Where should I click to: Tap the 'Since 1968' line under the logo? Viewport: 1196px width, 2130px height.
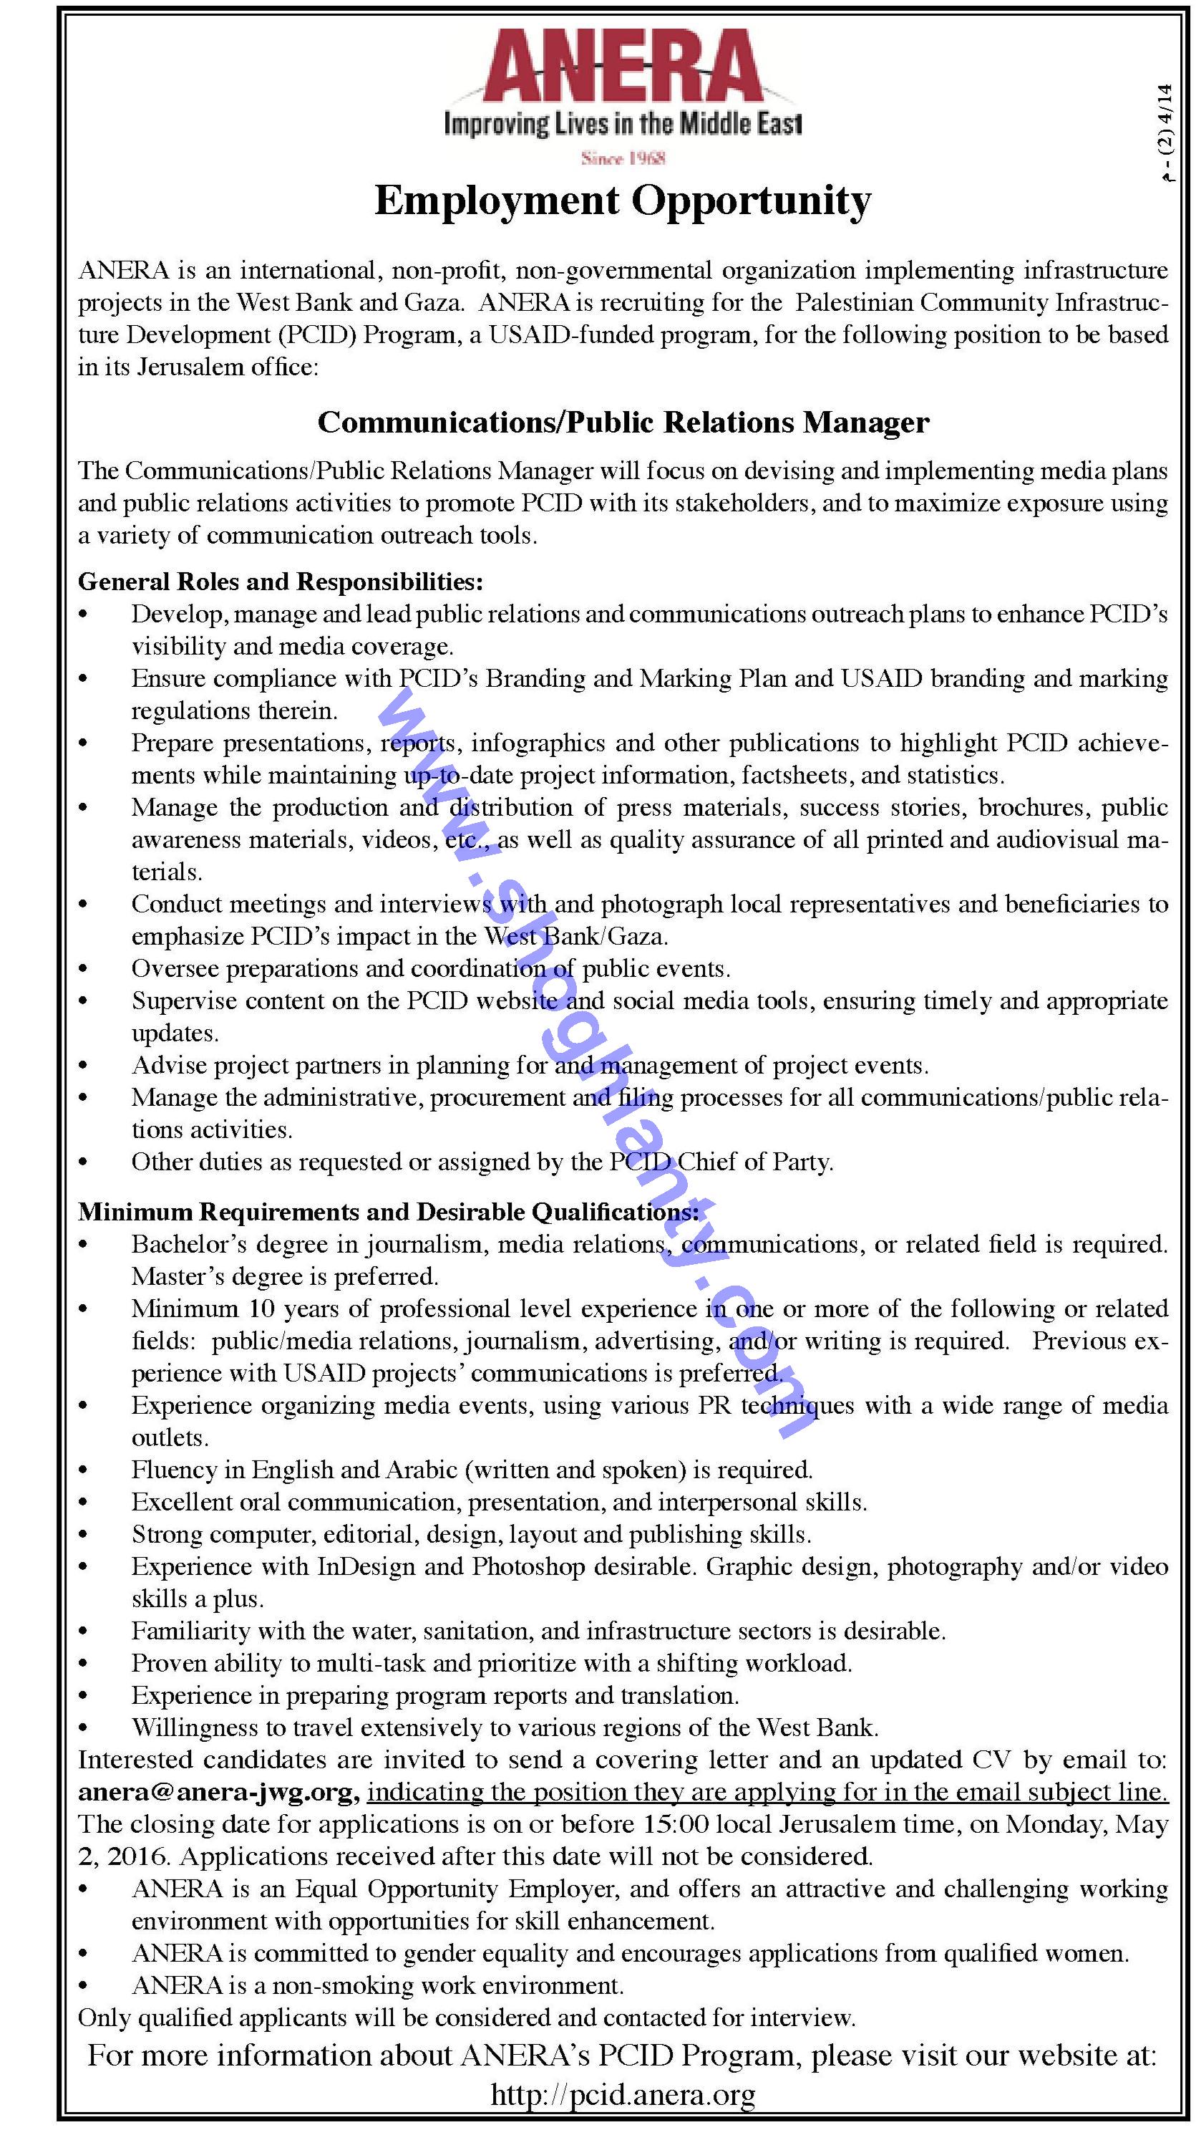click(x=624, y=158)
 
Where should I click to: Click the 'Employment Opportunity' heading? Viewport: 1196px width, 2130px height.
click(x=623, y=201)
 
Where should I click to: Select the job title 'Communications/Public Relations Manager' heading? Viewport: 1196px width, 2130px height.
click(x=623, y=423)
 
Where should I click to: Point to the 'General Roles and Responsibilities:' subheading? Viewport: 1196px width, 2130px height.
click(x=280, y=582)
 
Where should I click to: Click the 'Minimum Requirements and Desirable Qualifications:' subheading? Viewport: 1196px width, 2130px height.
click(x=389, y=1213)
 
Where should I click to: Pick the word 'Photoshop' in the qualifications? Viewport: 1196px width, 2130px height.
click(x=527, y=1567)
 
